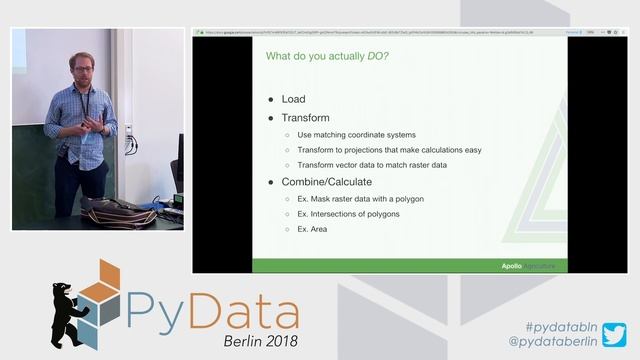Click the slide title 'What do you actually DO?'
click(x=327, y=55)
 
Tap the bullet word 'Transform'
click(x=305, y=118)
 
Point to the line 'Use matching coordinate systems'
click(x=356, y=134)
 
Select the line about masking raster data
click(x=360, y=198)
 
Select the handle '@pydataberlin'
click(x=553, y=342)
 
